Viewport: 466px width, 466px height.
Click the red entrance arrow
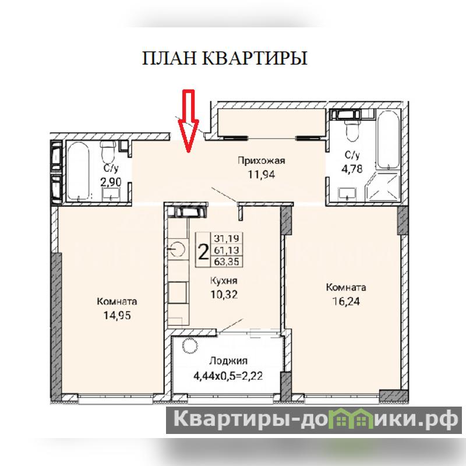(188, 121)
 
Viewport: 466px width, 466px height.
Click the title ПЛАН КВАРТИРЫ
(225, 58)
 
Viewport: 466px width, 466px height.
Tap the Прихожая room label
(261, 161)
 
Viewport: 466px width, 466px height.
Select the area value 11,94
(262, 174)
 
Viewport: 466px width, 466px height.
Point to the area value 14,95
(117, 315)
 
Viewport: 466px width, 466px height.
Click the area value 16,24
(346, 301)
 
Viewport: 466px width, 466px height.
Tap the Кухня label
(224, 281)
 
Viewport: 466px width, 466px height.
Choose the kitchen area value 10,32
(224, 295)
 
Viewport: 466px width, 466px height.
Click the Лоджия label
(228, 361)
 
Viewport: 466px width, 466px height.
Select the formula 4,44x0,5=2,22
(228, 376)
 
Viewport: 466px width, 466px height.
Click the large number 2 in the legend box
(203, 252)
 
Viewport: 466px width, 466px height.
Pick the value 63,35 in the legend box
(227, 262)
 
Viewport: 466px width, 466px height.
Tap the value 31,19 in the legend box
(227, 238)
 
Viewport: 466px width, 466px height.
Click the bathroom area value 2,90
(111, 182)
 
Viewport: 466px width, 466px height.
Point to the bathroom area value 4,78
(352, 169)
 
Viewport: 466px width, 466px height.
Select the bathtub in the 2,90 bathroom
(79, 171)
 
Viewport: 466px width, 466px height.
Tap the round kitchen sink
(178, 249)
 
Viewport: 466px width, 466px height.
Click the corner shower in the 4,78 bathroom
(383, 187)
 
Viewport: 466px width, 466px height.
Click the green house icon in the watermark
(352, 419)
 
